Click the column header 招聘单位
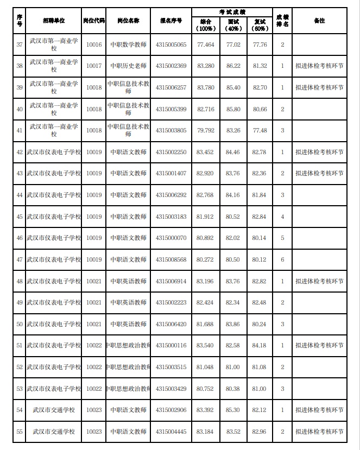pos(54,20)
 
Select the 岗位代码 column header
pos(93,20)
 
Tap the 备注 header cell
pos(319,20)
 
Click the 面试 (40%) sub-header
pos(233,25)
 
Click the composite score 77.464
pos(205,44)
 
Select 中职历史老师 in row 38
pos(128,66)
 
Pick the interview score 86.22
pos(233,66)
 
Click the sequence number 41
pos(20,130)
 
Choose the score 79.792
pos(205,130)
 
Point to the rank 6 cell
pos(282,259)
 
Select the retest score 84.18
pos(260,345)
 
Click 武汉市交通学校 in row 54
pos(54,410)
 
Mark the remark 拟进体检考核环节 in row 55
pos(319,432)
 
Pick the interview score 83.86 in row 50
pos(233,324)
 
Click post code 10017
pos(93,66)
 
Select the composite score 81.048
pos(205,367)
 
